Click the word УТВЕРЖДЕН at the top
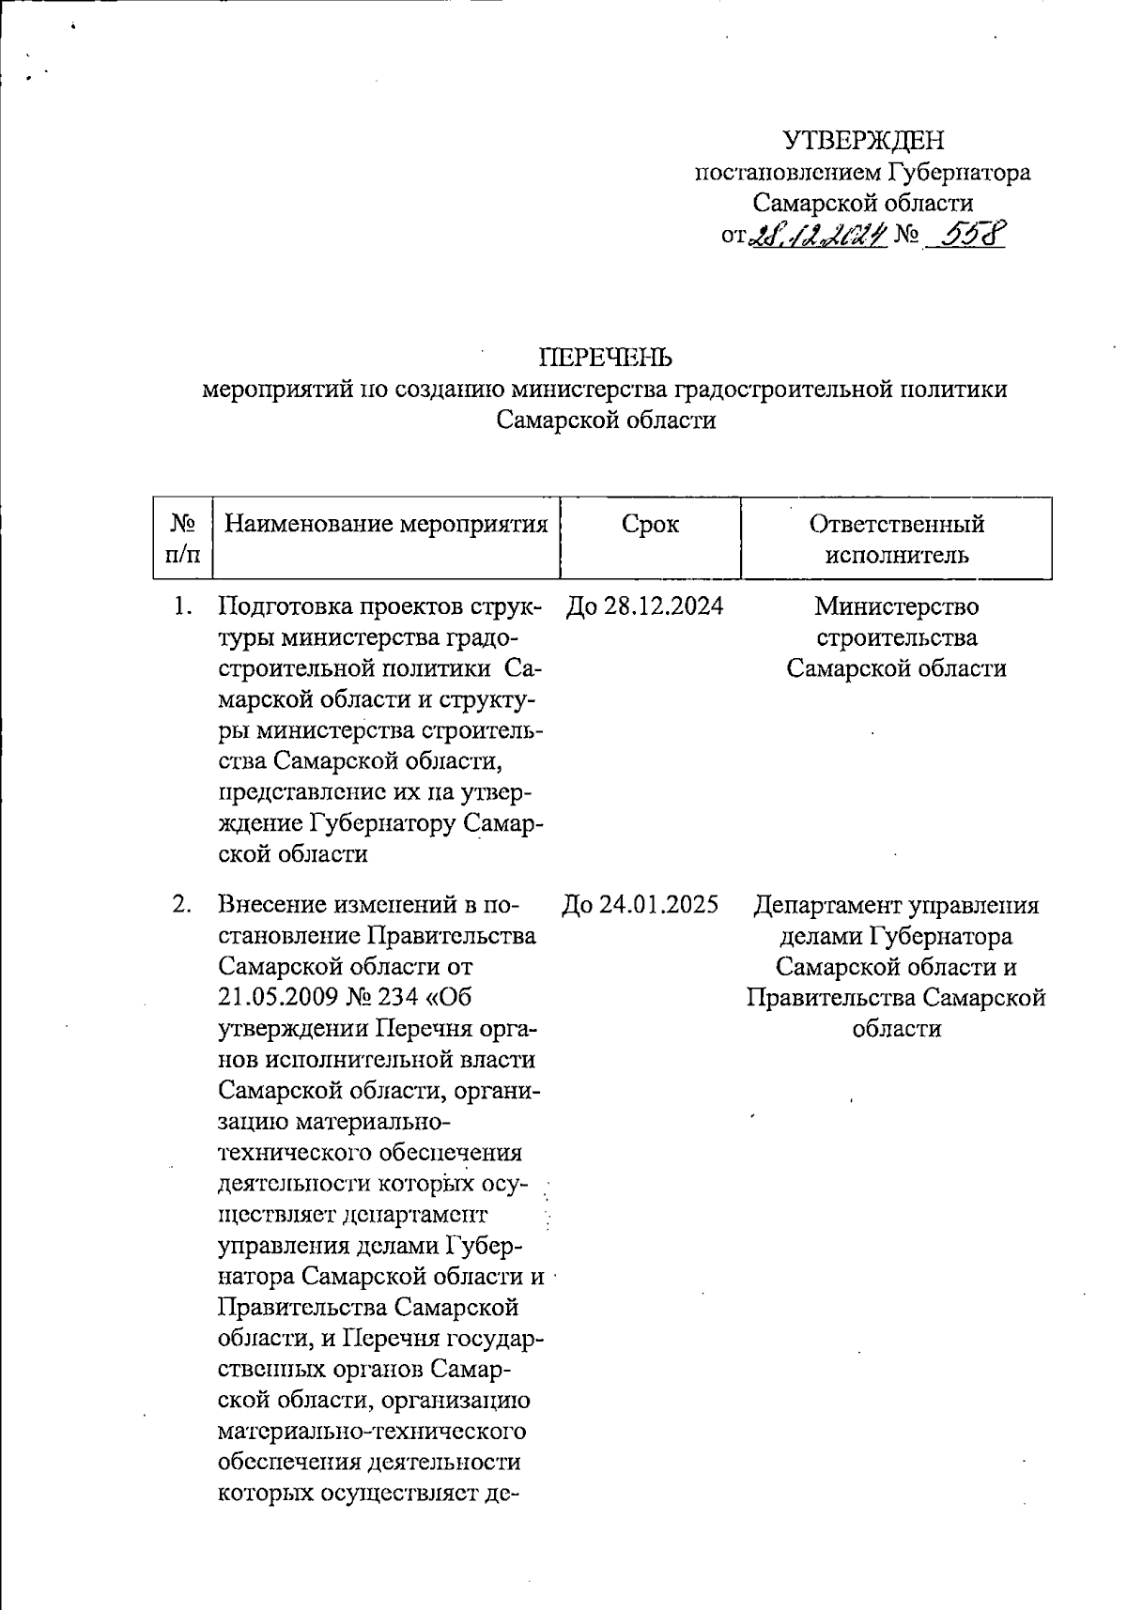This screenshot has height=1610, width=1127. [x=863, y=141]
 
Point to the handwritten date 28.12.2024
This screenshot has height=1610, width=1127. [x=818, y=234]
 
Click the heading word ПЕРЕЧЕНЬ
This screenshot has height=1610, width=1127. [x=605, y=358]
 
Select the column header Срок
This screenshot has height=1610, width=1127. [x=650, y=524]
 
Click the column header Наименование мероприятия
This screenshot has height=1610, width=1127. [x=386, y=524]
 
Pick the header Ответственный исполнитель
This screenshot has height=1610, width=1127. [x=896, y=538]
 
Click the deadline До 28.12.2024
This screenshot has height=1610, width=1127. [x=644, y=606]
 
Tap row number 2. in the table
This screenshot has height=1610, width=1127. [x=182, y=905]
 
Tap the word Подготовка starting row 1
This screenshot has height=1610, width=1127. [x=286, y=606]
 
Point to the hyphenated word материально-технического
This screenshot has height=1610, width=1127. [x=371, y=1433]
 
